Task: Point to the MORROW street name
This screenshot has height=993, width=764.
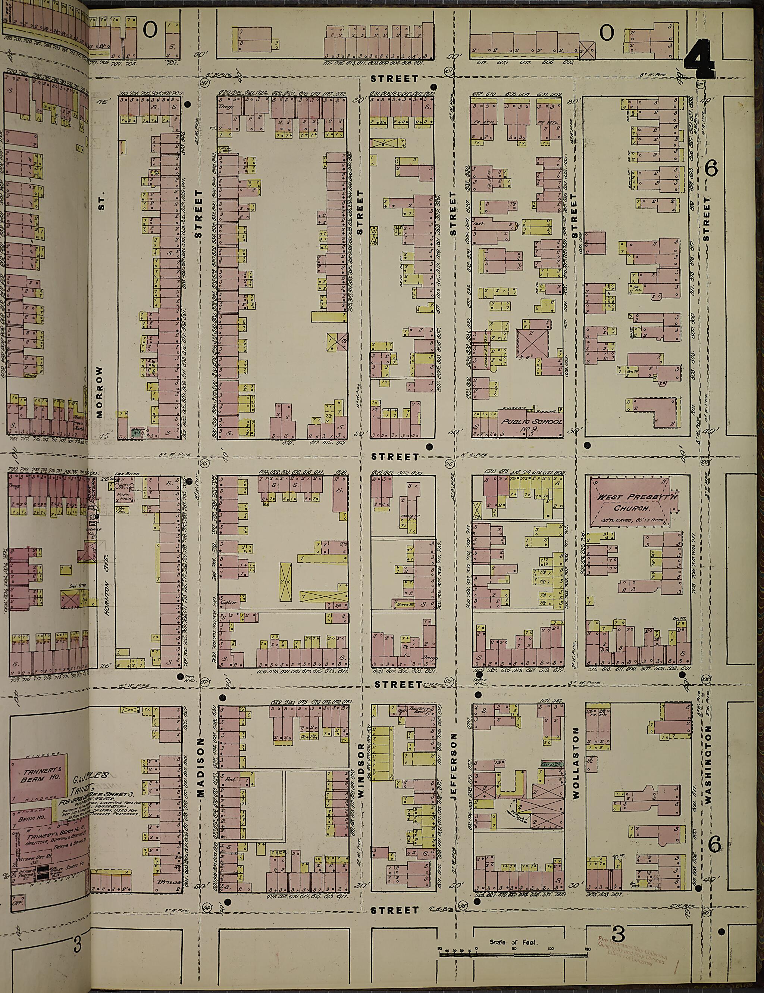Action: pyautogui.click(x=100, y=392)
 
